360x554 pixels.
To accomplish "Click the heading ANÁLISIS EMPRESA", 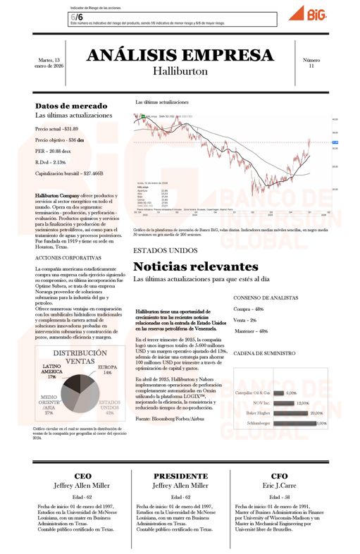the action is point(180,56).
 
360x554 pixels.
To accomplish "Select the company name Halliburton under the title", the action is point(180,72).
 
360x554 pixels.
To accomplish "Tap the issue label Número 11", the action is point(311,63).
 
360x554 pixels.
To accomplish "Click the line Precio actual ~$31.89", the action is point(57,129).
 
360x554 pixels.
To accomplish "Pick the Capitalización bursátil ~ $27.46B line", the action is point(69,173).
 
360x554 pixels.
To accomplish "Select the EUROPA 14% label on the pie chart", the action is point(107,370).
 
